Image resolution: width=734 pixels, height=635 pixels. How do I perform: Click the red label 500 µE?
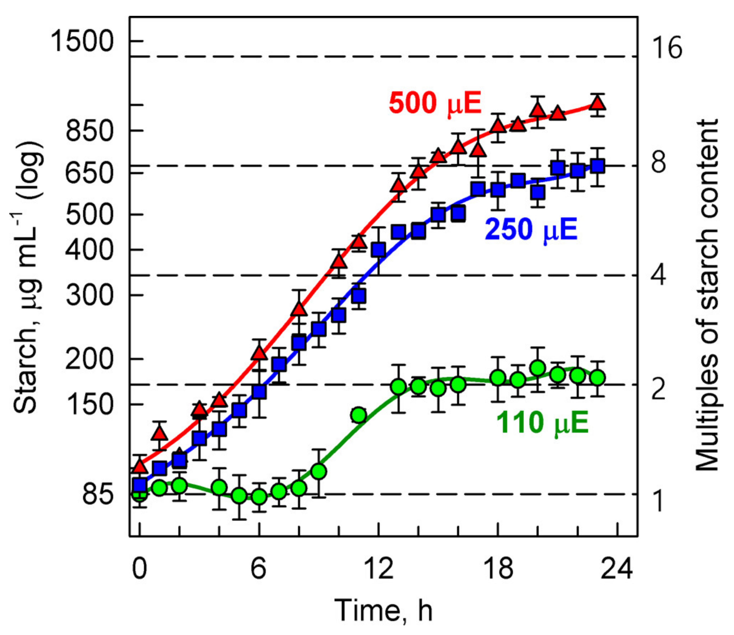435,103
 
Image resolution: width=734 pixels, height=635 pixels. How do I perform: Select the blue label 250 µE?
531,229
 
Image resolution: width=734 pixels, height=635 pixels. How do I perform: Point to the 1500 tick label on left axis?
82,41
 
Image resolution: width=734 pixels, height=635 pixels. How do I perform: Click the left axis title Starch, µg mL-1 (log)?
28,278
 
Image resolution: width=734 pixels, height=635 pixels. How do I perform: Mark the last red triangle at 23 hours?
598,103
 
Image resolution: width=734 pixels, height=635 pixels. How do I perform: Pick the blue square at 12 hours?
379,250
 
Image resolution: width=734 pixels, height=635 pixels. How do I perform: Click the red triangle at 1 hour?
160,433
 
